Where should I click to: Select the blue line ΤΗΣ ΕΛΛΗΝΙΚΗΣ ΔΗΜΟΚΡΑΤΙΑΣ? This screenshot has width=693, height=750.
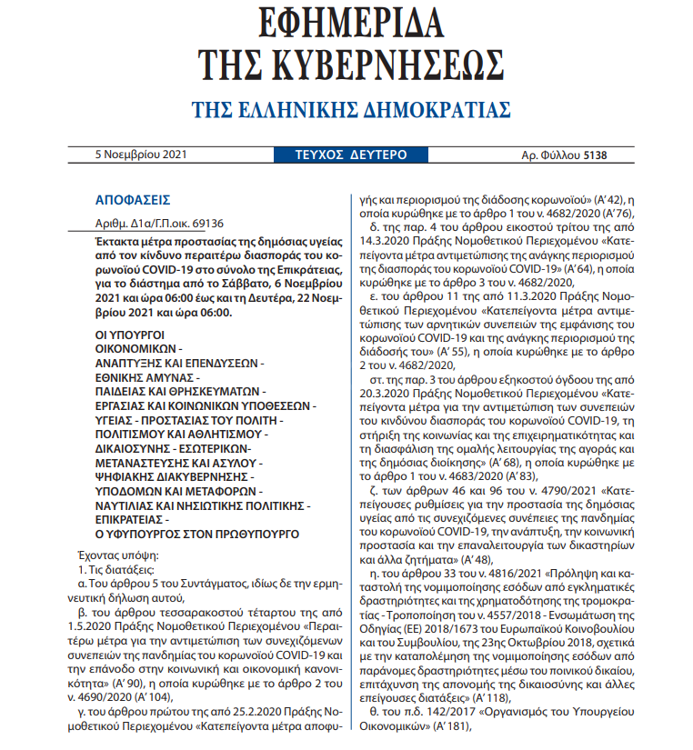(x=350, y=110)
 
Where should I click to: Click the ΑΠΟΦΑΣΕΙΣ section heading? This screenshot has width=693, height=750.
(x=131, y=200)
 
